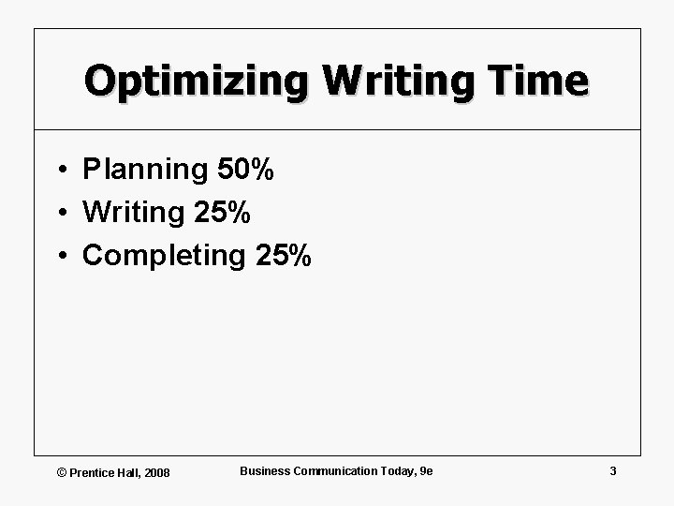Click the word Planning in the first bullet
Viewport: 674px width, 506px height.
(x=146, y=171)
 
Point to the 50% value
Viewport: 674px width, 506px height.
(x=245, y=170)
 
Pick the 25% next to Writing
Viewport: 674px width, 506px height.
(x=223, y=213)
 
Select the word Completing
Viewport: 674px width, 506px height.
(x=164, y=256)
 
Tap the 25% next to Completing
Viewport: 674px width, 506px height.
(x=283, y=255)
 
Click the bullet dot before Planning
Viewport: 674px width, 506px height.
(x=59, y=171)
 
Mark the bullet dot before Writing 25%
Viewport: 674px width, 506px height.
(x=59, y=214)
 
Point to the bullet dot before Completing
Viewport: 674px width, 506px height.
(x=59, y=256)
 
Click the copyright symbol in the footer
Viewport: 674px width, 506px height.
(x=63, y=472)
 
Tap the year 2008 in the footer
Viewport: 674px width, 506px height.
(x=156, y=472)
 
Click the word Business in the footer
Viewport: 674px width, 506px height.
(x=265, y=470)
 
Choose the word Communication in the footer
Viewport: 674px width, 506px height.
(x=335, y=470)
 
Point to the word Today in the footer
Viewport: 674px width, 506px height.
(x=397, y=470)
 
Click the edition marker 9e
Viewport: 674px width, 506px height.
(x=427, y=470)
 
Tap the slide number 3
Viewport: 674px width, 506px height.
(x=613, y=470)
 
